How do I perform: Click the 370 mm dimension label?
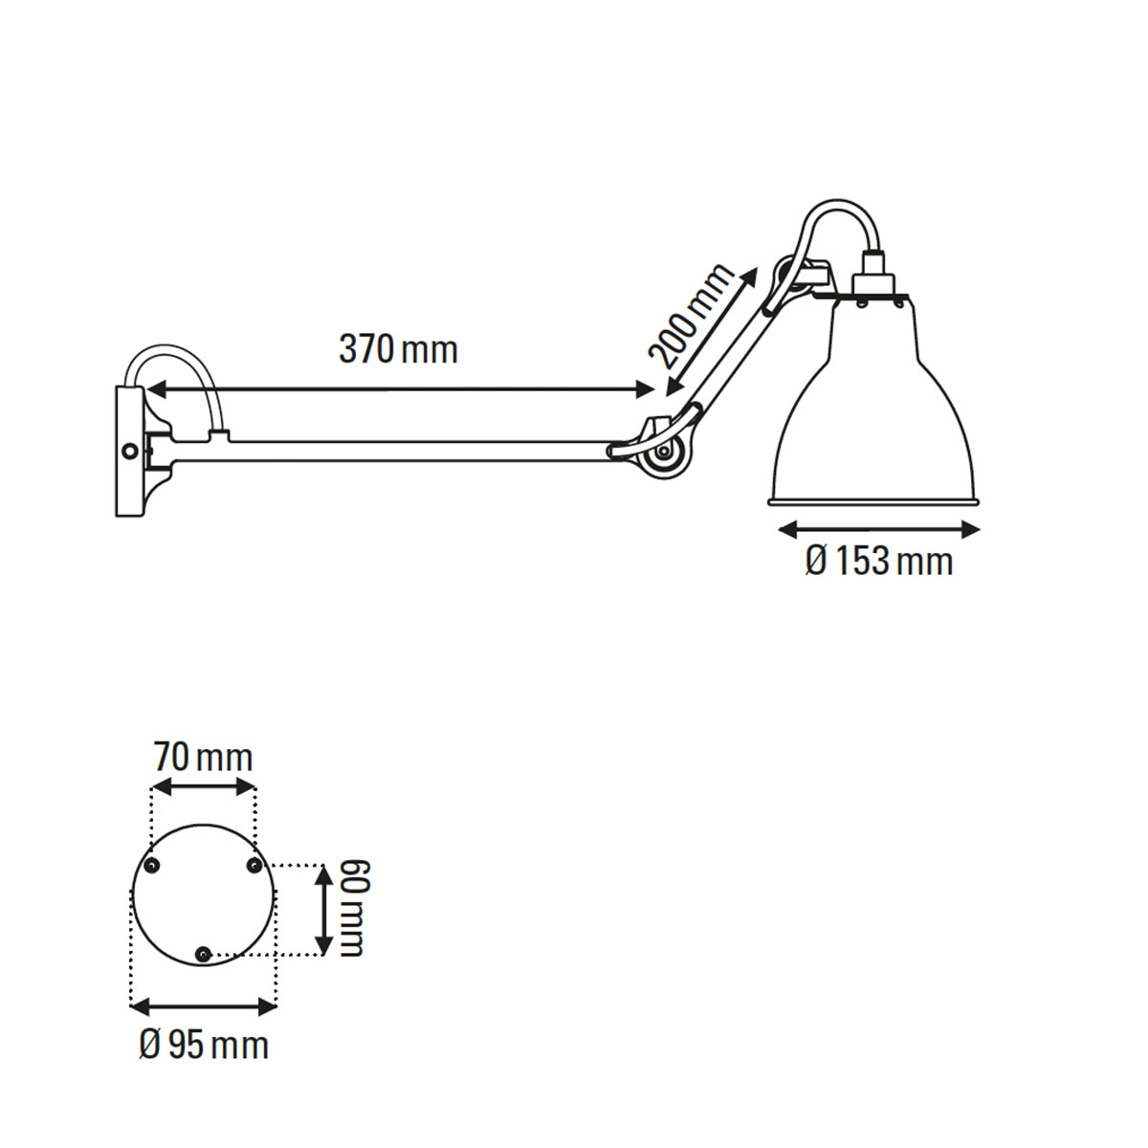[x=398, y=350]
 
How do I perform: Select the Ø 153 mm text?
[x=878, y=561]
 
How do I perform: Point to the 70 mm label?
[x=204, y=758]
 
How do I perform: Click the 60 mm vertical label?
[x=351, y=908]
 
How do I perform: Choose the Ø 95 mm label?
[x=204, y=1045]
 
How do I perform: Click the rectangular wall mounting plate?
[x=127, y=451]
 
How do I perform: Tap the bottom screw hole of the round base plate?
[x=203, y=954]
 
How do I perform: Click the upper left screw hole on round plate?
[x=151, y=866]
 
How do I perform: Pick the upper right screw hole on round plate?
[x=254, y=866]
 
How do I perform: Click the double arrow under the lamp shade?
[x=878, y=529]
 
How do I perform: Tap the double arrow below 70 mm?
[x=204, y=787]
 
